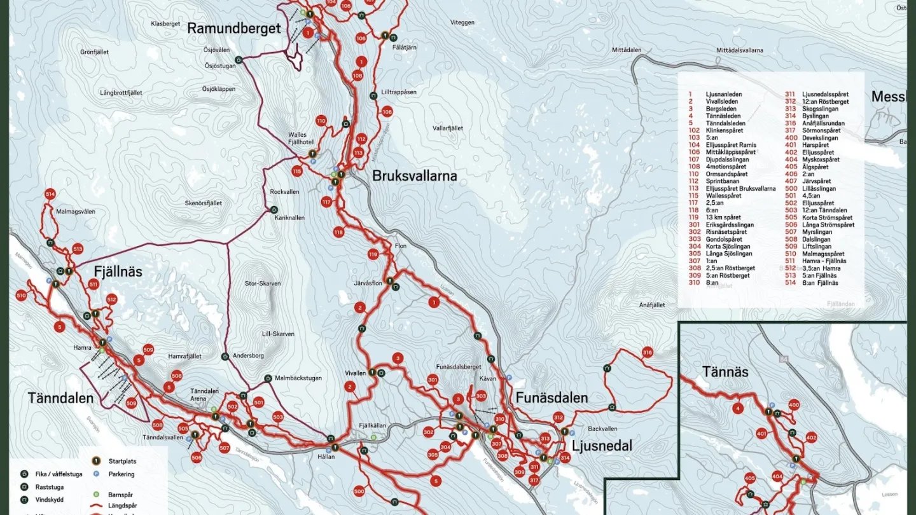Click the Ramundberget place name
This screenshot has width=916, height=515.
pyautogui.click(x=233, y=29)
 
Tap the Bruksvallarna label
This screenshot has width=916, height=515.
pyautogui.click(x=414, y=176)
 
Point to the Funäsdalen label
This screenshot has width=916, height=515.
pyautogui.click(x=552, y=398)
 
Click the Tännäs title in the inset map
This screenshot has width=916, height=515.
pyautogui.click(x=725, y=371)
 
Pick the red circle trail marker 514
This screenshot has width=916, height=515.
pyautogui.click(x=50, y=194)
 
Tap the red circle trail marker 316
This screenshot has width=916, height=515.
pyautogui.click(x=648, y=352)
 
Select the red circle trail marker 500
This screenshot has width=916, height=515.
pyautogui.click(x=359, y=491)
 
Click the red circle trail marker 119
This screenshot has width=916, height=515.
pyautogui.click(x=373, y=255)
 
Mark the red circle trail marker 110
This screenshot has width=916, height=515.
pyautogui.click(x=321, y=121)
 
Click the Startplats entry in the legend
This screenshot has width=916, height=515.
pyautogui.click(x=122, y=462)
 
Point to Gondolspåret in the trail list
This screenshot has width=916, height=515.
pyautogui.click(x=724, y=239)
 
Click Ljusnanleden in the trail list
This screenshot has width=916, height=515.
pyautogui.click(x=724, y=94)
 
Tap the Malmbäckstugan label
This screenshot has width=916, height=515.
pyautogui.click(x=298, y=378)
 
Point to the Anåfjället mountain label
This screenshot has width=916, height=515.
pyautogui.click(x=651, y=305)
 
